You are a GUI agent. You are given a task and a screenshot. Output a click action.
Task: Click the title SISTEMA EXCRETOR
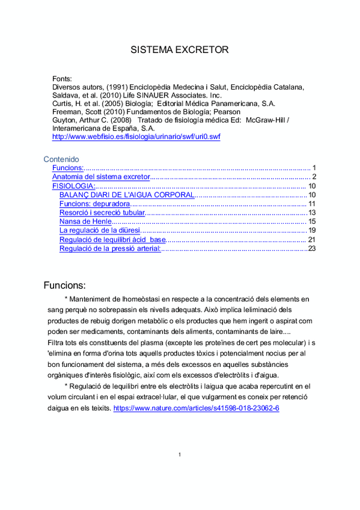pyautogui.click(x=180, y=50)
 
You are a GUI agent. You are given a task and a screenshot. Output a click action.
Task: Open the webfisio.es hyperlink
pyautogui.click(x=136, y=137)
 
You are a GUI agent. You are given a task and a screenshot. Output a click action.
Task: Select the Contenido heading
pyautogui.click(x=61, y=159)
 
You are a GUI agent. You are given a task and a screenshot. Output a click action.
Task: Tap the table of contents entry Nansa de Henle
pyautogui.click(x=85, y=221)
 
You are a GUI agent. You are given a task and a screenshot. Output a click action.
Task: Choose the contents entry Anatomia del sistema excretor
pyautogui.click(x=100, y=177)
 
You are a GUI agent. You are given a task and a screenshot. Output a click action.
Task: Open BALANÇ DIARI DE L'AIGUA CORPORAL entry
pyautogui.click(x=127, y=195)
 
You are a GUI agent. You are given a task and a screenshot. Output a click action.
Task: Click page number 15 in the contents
pyautogui.click(x=311, y=221)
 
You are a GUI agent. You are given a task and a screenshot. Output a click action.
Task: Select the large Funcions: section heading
pyautogui.click(x=65, y=284)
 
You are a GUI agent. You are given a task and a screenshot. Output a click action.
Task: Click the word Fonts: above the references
pyautogui.click(x=63, y=78)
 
